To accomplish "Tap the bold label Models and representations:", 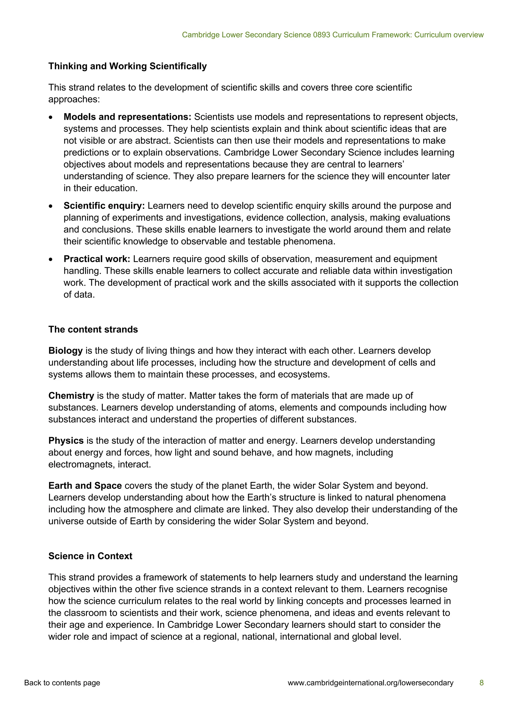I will coord(127,117).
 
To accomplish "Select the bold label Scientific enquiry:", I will coord(104,206).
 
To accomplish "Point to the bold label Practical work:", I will coord(97,259).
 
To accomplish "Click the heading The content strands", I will coord(93,329).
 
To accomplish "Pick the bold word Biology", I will coord(65,351).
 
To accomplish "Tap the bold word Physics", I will coord(66,441).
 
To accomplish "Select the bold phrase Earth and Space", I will coord(85,486).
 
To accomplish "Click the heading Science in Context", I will coord(90,556).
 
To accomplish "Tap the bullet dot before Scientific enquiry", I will coord(51,206).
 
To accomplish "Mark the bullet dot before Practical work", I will coord(51,260).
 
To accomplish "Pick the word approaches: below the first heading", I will coord(74,99).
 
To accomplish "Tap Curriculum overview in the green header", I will coord(449,35).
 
